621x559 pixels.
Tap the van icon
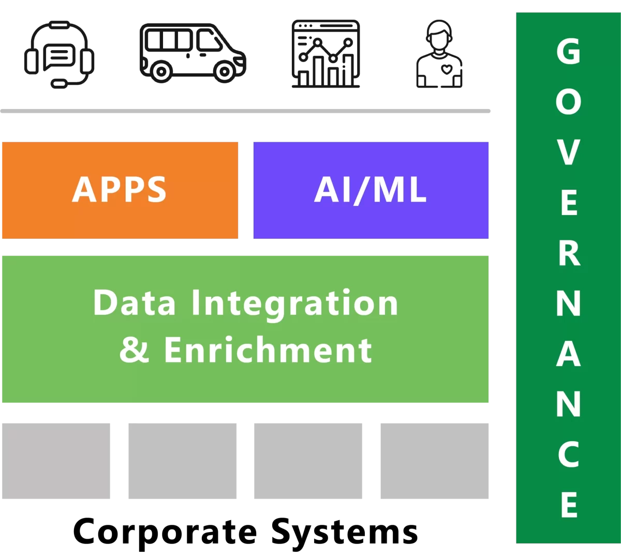(x=193, y=52)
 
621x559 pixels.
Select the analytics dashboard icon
(x=326, y=54)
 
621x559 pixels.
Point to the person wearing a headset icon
(x=439, y=54)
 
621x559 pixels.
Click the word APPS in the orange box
(x=120, y=190)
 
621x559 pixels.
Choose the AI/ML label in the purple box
(x=371, y=190)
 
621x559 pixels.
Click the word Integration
(x=294, y=303)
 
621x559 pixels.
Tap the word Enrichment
(x=268, y=350)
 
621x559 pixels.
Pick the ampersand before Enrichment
(x=134, y=350)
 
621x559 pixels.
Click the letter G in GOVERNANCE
(x=568, y=52)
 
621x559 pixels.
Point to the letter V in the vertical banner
(x=568, y=153)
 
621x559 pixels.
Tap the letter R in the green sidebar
(x=568, y=253)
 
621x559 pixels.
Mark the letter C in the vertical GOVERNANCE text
(x=568, y=455)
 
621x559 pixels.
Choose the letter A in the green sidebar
(x=568, y=354)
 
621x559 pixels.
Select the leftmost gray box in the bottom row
(x=56, y=461)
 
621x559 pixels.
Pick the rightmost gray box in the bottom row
(x=435, y=461)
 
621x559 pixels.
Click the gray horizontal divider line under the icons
(x=245, y=111)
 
